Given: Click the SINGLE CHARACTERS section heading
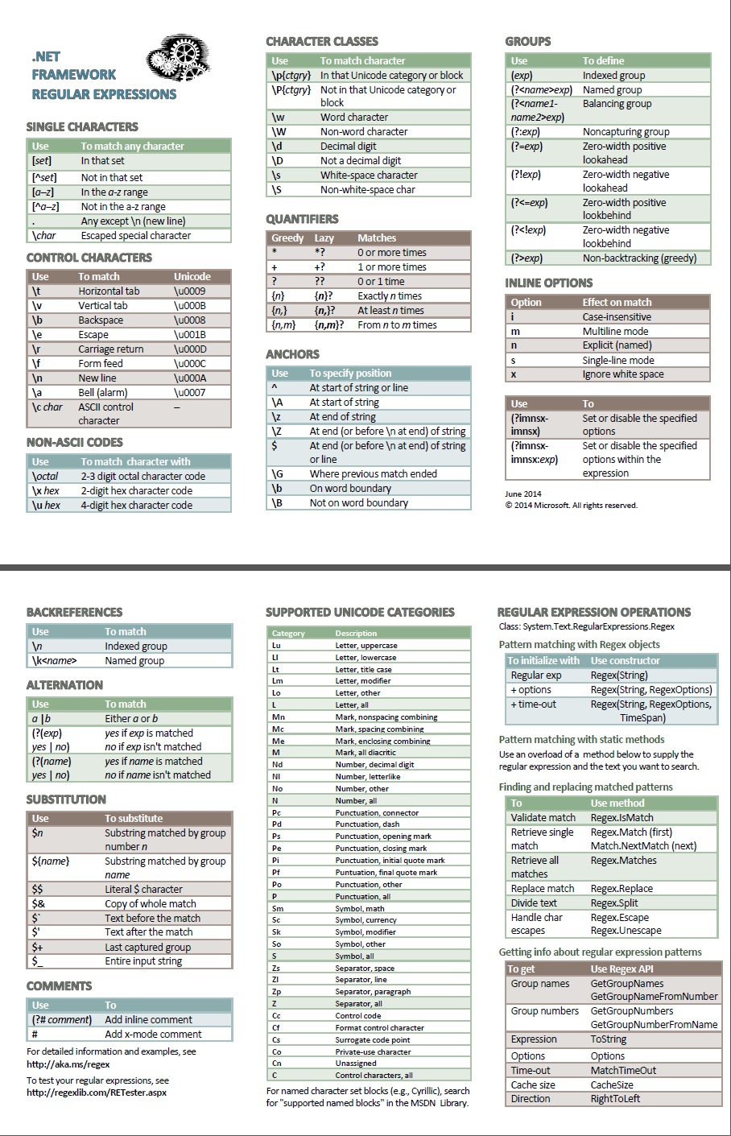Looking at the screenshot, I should (x=82, y=127).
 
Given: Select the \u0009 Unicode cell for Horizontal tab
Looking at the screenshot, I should (x=190, y=291).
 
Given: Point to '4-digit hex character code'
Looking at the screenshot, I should (x=136, y=506).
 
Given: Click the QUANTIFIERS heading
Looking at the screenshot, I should (x=302, y=219).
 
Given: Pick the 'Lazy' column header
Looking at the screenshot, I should (x=324, y=238).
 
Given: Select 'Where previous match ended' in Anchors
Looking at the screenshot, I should (x=373, y=474).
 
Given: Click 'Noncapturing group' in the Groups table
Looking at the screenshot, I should (x=626, y=132).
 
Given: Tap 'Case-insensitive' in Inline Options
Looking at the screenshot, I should (x=617, y=317).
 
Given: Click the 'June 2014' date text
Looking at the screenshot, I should (x=523, y=494).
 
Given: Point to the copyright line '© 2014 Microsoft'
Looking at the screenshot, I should (x=571, y=506).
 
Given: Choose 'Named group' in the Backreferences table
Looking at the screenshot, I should (x=134, y=661).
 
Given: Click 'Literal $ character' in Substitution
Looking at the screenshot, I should (x=143, y=890).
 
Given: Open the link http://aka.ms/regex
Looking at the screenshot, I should (x=68, y=1064).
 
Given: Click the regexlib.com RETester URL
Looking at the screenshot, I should (x=97, y=1093).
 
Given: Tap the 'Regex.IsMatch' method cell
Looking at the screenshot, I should (x=622, y=818).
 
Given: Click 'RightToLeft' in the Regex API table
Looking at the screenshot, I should (x=615, y=1099).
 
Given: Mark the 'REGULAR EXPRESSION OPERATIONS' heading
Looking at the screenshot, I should (x=594, y=613).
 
